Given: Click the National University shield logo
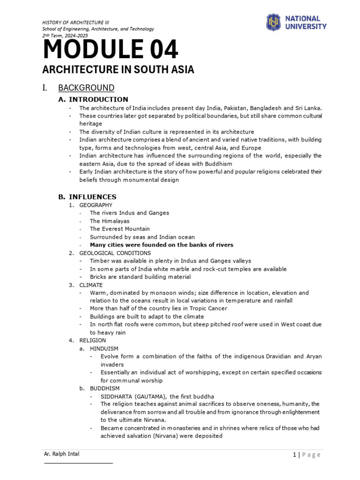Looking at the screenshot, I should (x=273, y=22).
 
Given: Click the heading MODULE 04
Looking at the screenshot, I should (x=110, y=50).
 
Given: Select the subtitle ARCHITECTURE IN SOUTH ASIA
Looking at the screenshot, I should (x=118, y=70).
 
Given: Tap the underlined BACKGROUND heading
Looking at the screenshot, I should (x=86, y=88).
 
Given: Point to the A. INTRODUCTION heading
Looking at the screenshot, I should (x=93, y=99).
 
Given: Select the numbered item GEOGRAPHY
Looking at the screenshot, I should (x=96, y=205).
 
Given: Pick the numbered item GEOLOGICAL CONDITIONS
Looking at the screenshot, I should (x=115, y=253).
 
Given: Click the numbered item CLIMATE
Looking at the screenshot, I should (x=91, y=285).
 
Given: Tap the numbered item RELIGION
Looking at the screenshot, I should (x=92, y=340).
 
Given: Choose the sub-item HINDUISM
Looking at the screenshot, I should (x=104, y=348).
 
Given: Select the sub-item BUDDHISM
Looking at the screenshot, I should (x=105, y=388).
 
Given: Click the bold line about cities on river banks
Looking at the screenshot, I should (x=161, y=245).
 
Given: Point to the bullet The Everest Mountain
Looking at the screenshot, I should (x=120, y=229).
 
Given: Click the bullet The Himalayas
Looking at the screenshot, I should (x=110, y=221).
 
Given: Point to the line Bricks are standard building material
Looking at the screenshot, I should (x=140, y=277).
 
